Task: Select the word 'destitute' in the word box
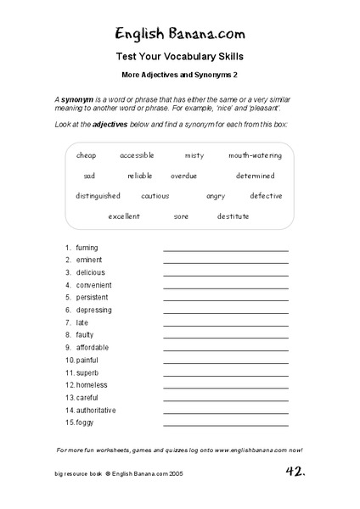(233, 216)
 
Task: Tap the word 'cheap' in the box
(87, 155)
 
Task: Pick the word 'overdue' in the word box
(183, 176)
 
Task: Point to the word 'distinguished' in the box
(98, 196)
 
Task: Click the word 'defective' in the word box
(266, 196)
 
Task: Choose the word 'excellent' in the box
(124, 216)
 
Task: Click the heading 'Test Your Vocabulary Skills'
(179, 58)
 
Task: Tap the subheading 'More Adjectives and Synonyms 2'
(179, 76)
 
